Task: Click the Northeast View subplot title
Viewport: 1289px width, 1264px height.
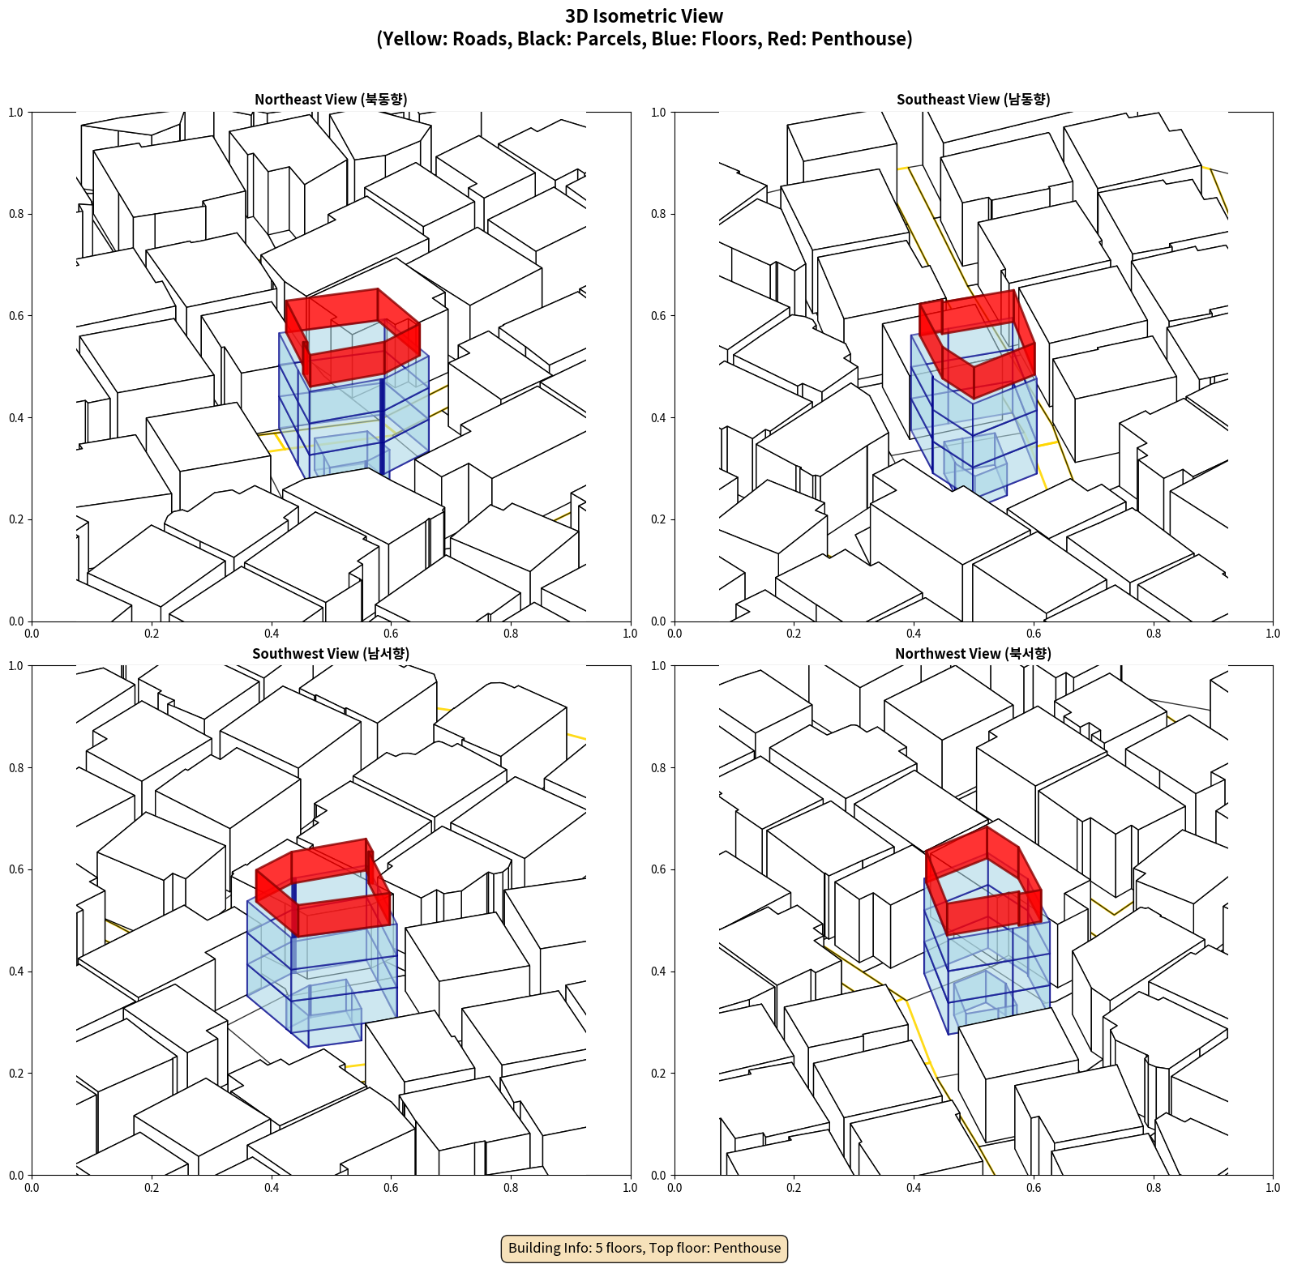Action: (331, 100)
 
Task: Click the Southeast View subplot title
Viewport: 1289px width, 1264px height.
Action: (974, 100)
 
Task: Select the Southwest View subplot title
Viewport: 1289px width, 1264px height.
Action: (331, 654)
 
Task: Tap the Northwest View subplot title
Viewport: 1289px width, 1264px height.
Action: (974, 654)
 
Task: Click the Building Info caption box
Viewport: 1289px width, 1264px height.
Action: (644, 1248)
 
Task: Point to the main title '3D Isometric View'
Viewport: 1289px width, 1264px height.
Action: (644, 16)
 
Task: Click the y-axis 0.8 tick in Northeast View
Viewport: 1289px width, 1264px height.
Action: (16, 214)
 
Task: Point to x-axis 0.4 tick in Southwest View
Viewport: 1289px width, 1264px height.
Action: (272, 1188)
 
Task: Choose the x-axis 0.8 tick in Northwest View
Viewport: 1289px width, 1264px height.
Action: (1154, 1188)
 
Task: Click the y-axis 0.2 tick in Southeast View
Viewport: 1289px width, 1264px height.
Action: (658, 519)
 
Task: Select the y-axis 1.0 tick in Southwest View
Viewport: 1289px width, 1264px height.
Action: (16, 666)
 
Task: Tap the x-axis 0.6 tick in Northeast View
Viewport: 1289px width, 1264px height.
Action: (391, 634)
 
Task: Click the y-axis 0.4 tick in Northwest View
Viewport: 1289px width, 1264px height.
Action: (658, 971)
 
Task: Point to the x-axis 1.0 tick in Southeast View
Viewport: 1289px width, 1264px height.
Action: (1273, 634)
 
